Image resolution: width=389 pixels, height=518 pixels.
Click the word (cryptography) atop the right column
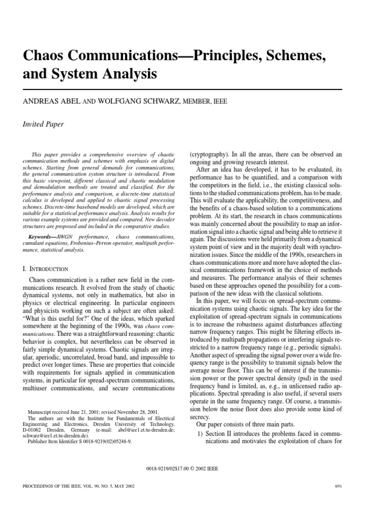[x=211, y=154]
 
